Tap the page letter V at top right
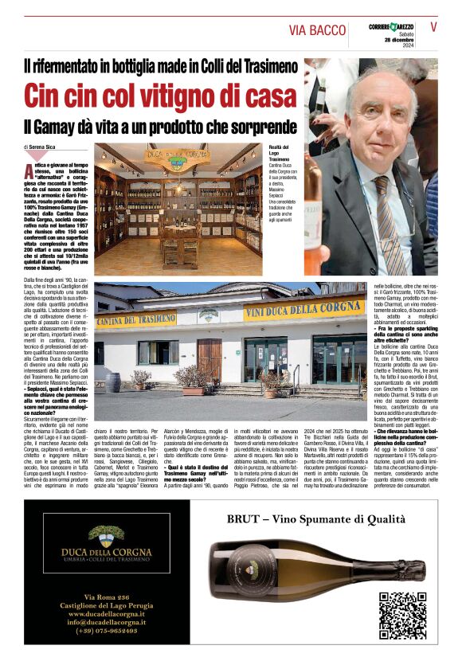point(433,26)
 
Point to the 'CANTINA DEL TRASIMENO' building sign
point(135,319)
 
